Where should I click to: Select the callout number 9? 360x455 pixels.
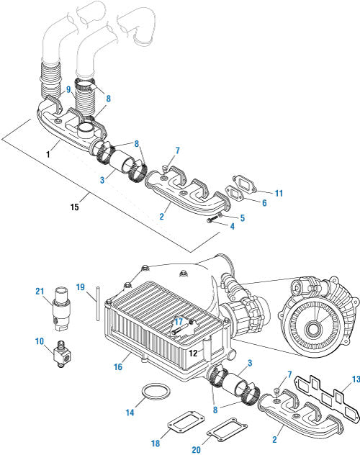[x=68, y=89]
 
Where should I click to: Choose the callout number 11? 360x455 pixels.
[x=279, y=193]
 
